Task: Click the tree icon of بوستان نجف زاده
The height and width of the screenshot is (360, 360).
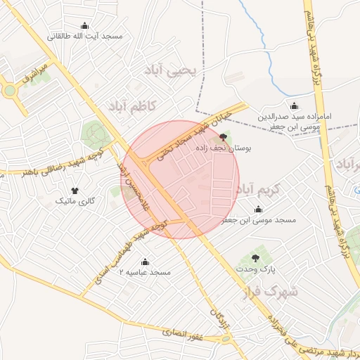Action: pos(224,136)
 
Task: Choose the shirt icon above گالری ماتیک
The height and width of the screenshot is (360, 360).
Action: pos(75,190)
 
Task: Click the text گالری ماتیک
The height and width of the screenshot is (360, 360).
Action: pos(75,201)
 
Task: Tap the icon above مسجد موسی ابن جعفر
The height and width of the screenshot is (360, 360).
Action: pos(258,209)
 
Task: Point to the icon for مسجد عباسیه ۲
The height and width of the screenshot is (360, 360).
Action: pos(145,262)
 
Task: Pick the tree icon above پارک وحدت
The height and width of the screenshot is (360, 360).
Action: pos(255,258)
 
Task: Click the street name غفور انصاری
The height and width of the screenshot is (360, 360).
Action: pos(183,335)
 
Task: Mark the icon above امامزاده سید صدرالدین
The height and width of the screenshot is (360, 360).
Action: pos(294,105)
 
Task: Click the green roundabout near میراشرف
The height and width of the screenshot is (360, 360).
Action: pos(9,91)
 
